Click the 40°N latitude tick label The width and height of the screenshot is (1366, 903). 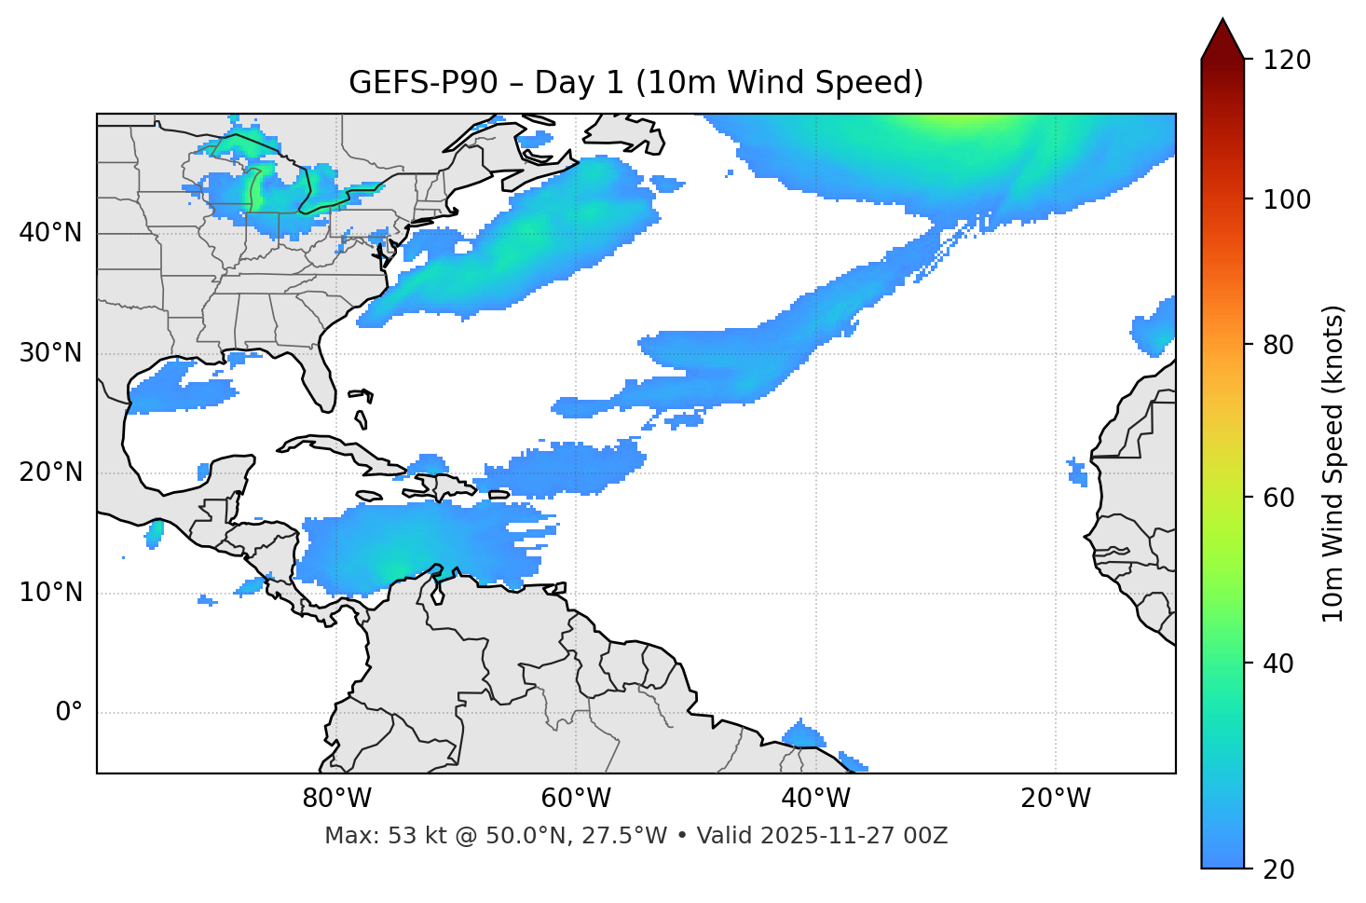point(50,233)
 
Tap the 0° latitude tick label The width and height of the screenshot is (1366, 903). point(69,713)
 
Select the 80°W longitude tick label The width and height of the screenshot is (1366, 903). point(336,799)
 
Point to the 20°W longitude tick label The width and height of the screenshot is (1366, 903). point(1056,799)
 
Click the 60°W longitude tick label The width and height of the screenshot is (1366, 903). point(576,799)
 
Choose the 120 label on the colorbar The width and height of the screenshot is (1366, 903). point(1287,61)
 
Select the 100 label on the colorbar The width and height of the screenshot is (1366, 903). point(1287,199)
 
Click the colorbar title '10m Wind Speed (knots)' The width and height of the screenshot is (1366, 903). point(1333,464)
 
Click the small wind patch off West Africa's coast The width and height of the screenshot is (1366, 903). point(1078,472)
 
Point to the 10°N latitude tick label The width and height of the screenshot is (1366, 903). point(50,593)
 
